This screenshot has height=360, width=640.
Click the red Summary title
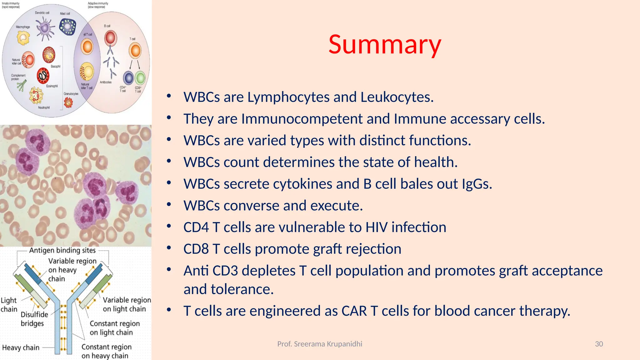click(385, 45)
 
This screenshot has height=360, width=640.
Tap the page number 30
click(599, 344)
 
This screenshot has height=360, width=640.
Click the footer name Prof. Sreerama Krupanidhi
click(320, 344)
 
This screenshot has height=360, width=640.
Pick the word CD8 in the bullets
click(196, 249)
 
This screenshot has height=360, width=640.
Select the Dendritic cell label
click(42, 13)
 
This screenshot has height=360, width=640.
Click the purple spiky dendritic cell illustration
click(45, 28)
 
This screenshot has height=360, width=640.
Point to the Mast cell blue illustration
click(68, 27)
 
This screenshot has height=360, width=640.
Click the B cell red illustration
click(110, 38)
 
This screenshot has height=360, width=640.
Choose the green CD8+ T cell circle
click(140, 78)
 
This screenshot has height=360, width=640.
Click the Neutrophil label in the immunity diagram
click(44, 107)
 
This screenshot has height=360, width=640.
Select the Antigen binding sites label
click(62, 250)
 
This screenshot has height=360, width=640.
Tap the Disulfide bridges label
click(34, 319)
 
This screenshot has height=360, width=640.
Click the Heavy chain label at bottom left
click(21, 347)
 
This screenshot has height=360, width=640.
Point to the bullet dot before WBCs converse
click(169, 205)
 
